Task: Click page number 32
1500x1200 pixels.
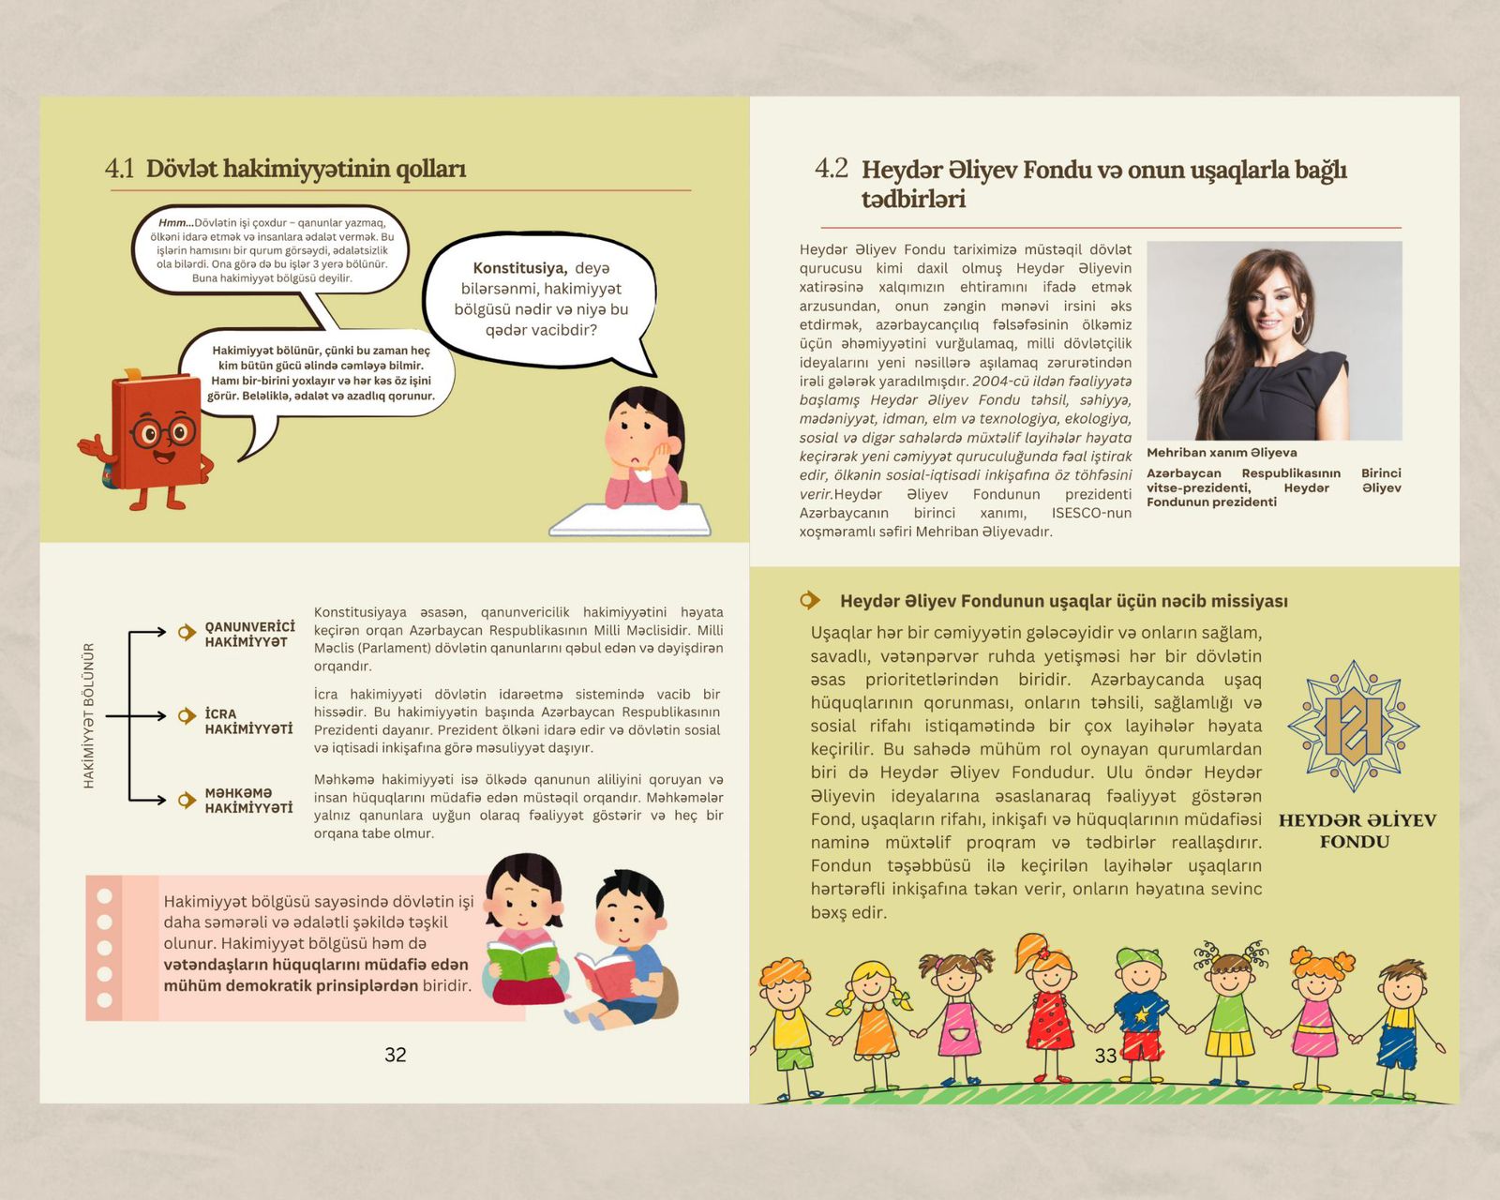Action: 396,1055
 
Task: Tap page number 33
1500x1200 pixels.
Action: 1105,1056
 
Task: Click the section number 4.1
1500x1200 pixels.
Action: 120,169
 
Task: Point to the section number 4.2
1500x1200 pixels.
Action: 831,169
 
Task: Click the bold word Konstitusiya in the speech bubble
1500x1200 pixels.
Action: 519,268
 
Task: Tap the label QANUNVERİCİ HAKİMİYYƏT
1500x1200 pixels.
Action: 249,635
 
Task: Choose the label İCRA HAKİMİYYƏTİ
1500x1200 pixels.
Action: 248,721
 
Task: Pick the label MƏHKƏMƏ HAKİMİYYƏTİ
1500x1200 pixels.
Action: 248,801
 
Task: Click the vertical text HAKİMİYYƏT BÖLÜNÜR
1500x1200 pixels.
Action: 89,715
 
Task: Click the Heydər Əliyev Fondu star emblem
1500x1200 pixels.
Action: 1353,726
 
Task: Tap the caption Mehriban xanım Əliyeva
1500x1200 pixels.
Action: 1222,453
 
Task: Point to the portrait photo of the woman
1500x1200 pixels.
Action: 1274,340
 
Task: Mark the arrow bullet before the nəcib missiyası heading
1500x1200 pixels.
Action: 810,600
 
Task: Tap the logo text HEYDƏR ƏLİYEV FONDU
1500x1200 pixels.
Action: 1356,831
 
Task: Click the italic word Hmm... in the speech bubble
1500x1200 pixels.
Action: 175,223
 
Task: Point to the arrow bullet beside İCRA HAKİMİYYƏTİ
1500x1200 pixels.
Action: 187,716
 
